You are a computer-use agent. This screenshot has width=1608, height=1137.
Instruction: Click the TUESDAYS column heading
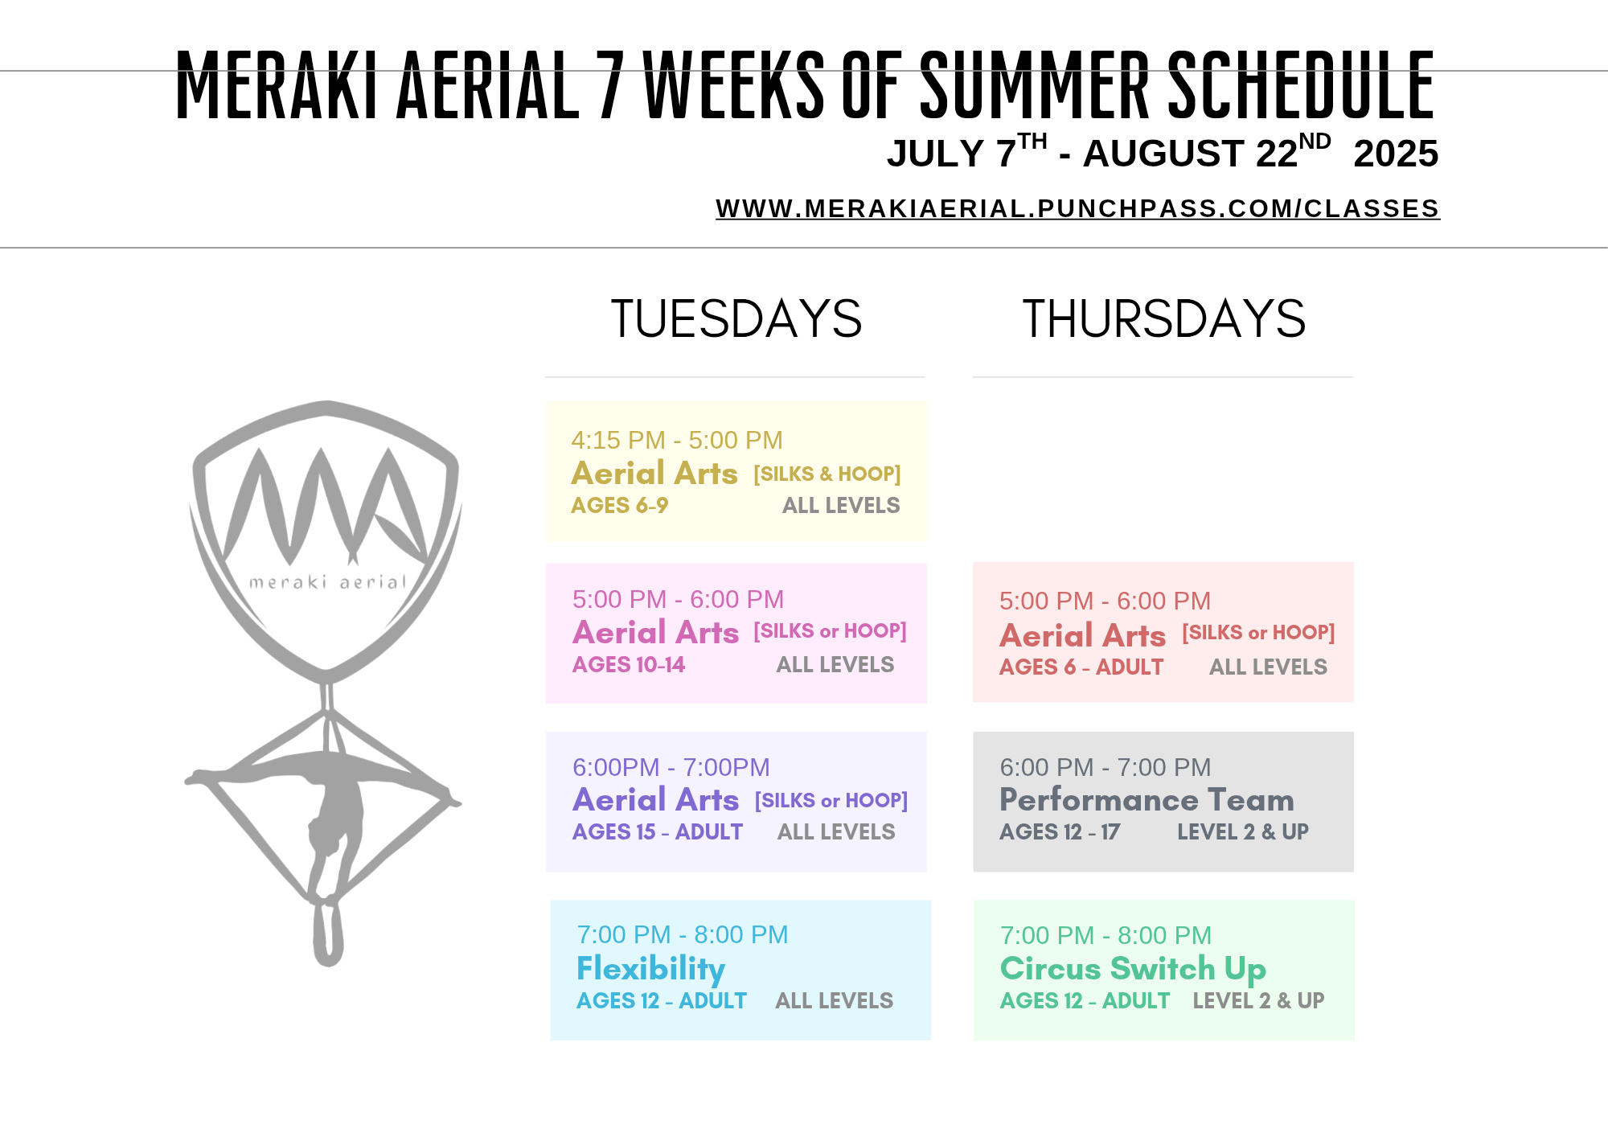pos(736,318)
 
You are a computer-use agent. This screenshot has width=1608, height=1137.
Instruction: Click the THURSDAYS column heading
pos(1163,318)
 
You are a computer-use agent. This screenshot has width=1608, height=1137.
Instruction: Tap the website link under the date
pos(1077,209)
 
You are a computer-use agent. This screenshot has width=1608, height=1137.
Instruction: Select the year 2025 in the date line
pos(1396,154)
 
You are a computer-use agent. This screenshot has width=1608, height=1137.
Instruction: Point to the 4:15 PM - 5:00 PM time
pos(677,440)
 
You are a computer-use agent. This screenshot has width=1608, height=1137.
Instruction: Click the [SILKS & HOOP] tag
pos(827,474)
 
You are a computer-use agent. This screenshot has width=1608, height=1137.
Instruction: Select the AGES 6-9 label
pos(619,506)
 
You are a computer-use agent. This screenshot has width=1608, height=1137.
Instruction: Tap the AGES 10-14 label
pos(629,665)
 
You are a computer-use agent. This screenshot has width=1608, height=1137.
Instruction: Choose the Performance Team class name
pos(1147,800)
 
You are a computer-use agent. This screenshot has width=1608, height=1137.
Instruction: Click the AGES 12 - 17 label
pos(1060,832)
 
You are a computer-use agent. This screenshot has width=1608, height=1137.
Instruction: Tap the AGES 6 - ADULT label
pos(1081,667)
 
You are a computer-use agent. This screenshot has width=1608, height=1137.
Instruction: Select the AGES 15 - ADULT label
pos(658,832)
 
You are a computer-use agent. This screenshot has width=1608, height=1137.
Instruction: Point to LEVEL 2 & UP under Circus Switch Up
pos(1258,1001)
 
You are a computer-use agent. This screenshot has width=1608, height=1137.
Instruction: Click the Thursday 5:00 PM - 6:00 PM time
pos(1105,601)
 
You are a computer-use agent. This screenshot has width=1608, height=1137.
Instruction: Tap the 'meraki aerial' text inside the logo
pos(328,581)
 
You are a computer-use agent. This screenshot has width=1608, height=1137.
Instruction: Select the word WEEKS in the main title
pos(734,84)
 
